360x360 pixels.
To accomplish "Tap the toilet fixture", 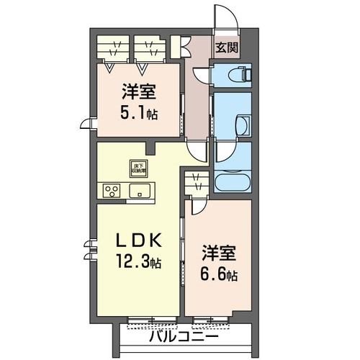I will pyautogui.click(x=240, y=73).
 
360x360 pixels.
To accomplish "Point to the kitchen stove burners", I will pyautogui.click(x=112, y=191).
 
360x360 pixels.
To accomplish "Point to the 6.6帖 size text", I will pyautogui.click(x=219, y=276).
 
